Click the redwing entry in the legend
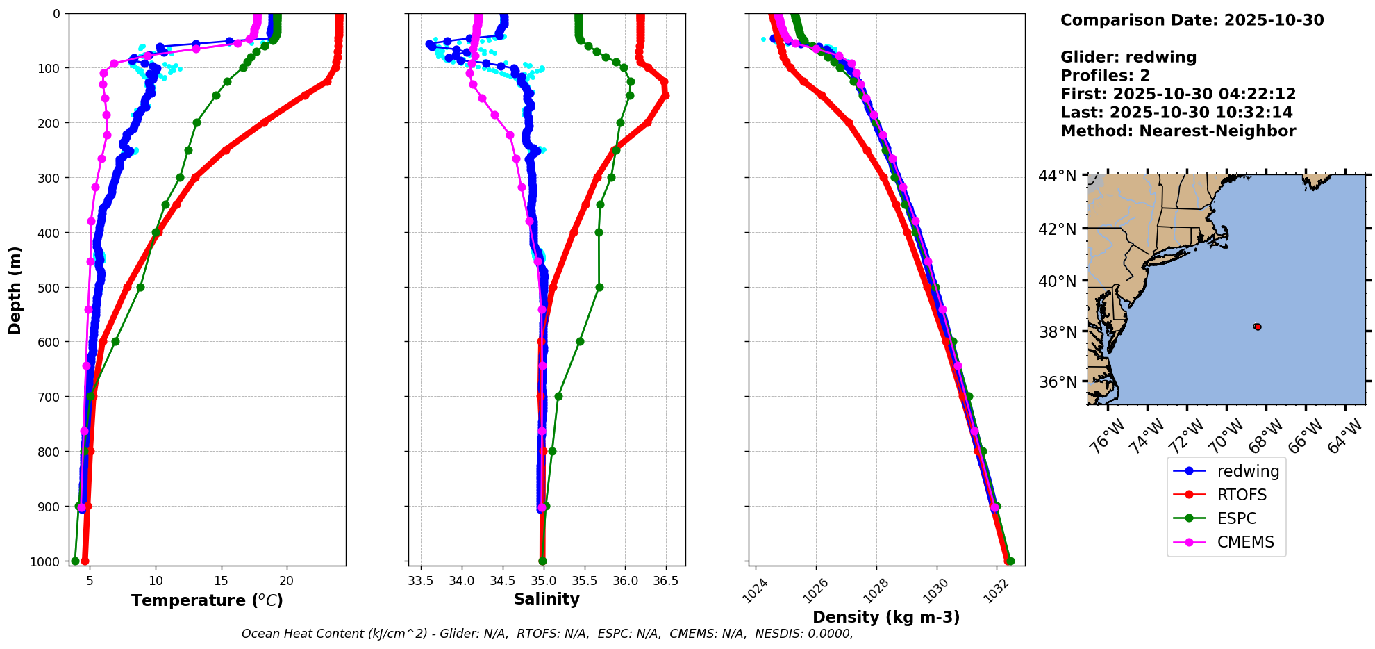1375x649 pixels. point(1247,471)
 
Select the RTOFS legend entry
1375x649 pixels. point(1242,495)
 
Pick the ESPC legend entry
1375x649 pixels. point(1237,518)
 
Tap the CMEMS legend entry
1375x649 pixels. point(1245,542)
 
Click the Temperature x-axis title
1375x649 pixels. point(207,600)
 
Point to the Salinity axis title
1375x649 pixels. point(547,599)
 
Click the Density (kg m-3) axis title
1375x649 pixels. point(886,617)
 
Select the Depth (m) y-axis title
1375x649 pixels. point(15,290)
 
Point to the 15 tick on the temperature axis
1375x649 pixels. point(221,581)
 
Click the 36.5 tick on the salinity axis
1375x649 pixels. point(665,581)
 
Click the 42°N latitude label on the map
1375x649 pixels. point(1058,229)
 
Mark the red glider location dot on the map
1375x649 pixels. point(1257,327)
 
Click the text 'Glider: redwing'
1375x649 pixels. point(1128,57)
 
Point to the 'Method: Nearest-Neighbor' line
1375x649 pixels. point(1178,131)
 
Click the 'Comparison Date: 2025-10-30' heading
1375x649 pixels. point(1192,20)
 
